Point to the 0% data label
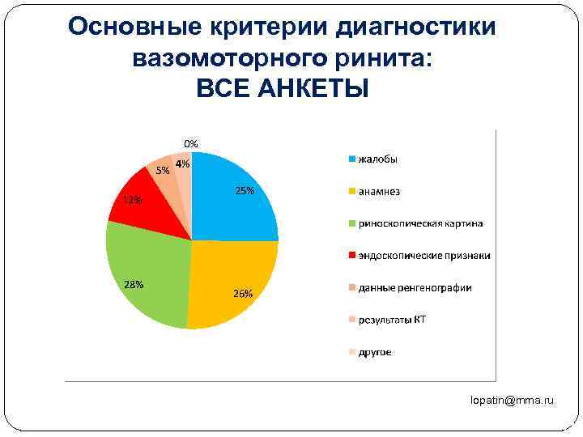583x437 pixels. [x=190, y=143]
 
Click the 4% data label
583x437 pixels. [x=183, y=163]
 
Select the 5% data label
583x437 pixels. [x=163, y=170]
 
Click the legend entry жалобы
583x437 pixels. [x=378, y=159]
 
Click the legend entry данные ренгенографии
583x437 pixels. [x=415, y=288]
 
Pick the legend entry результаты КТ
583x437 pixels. [x=392, y=320]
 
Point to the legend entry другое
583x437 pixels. [x=375, y=352]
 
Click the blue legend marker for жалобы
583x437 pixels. [x=351, y=159]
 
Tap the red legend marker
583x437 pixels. [x=351, y=256]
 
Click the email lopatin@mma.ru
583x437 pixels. [x=514, y=400]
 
